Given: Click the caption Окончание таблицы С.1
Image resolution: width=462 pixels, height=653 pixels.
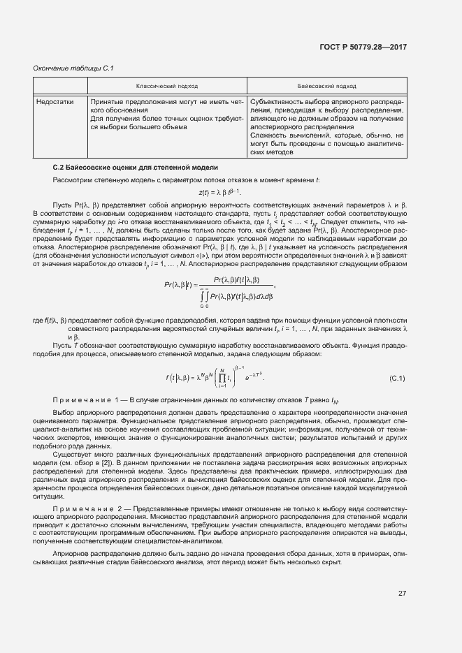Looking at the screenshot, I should (x=73, y=68).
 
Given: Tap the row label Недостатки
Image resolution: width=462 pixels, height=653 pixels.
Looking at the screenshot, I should (x=55, y=101).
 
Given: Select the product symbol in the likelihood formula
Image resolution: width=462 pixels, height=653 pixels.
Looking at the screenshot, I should (x=223, y=378).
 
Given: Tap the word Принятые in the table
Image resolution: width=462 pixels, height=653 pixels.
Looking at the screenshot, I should (x=106, y=101).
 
